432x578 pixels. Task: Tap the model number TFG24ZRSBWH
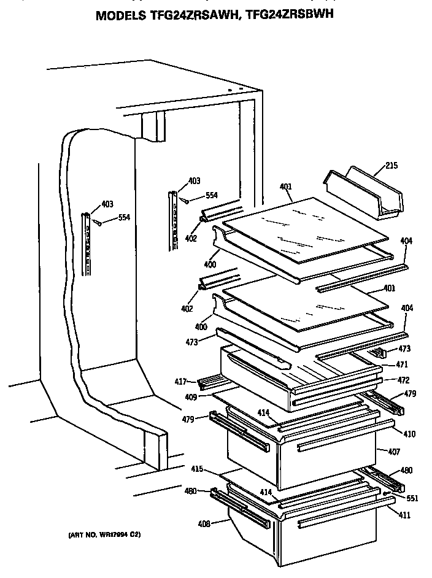pyautogui.click(x=289, y=15)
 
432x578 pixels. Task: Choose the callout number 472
pyautogui.click(x=403, y=380)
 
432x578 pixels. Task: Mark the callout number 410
pyautogui.click(x=409, y=434)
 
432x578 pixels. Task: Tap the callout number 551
pyautogui.click(x=412, y=498)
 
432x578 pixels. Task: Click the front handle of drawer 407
pyautogui.click(x=335, y=445)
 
